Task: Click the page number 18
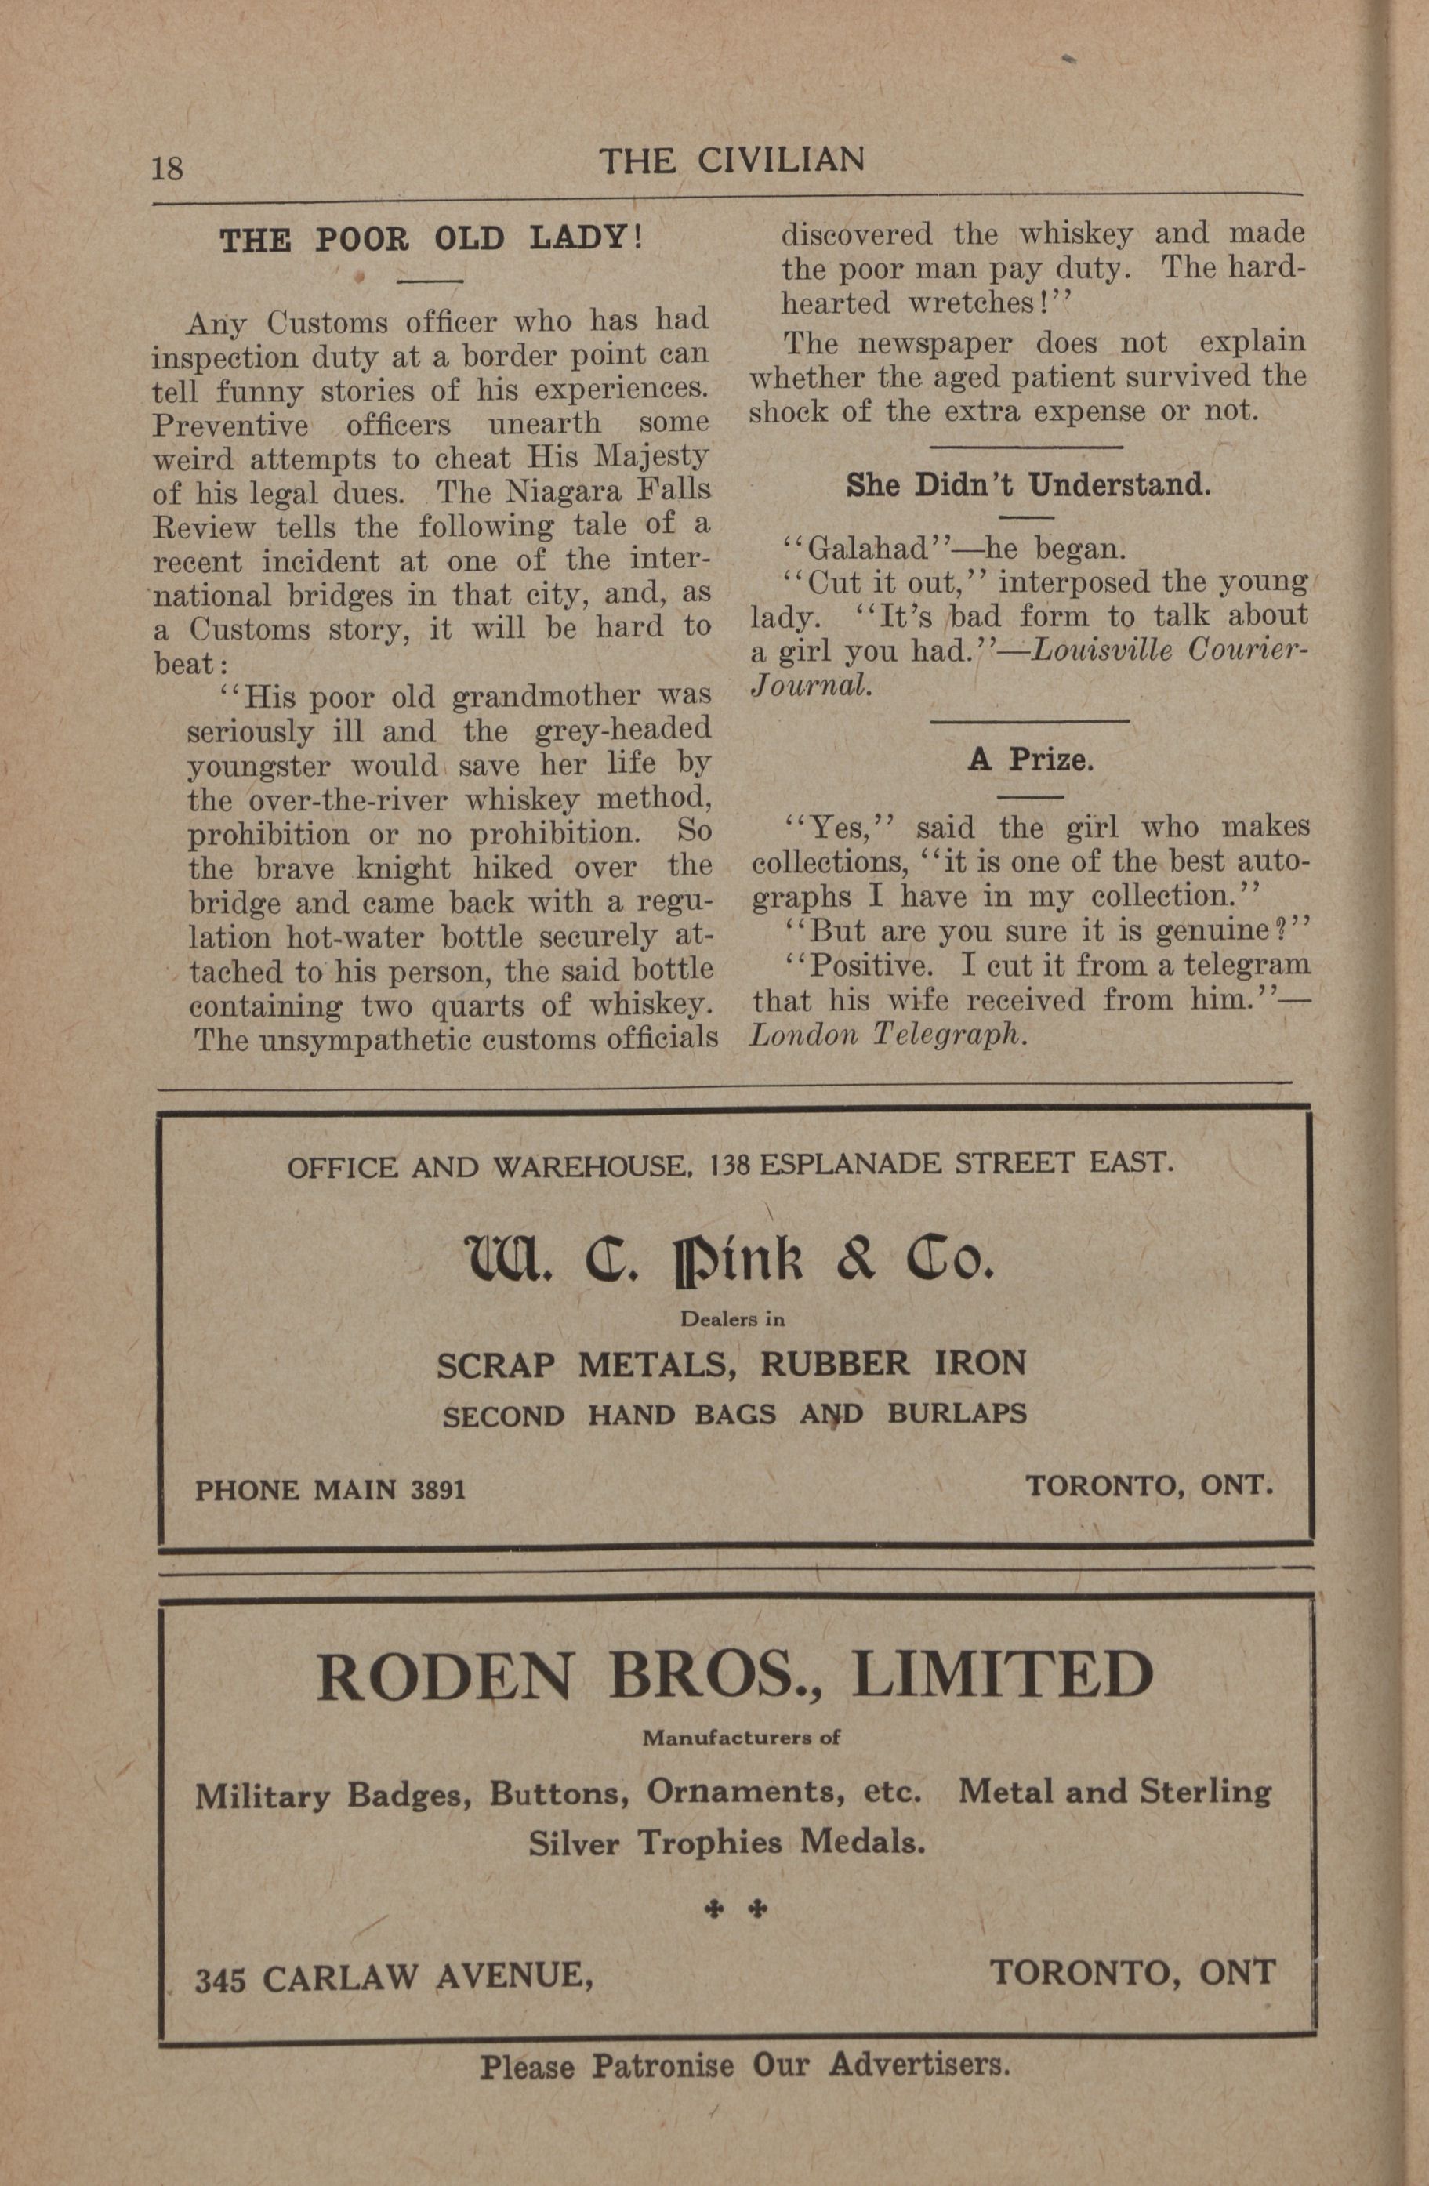(167, 168)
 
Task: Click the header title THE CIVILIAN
(731, 161)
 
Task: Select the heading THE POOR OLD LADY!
(432, 240)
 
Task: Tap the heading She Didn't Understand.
(1028, 485)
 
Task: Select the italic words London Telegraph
(887, 1035)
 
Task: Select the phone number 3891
(438, 1490)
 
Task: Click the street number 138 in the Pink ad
(730, 1166)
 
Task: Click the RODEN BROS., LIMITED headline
(734, 1674)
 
